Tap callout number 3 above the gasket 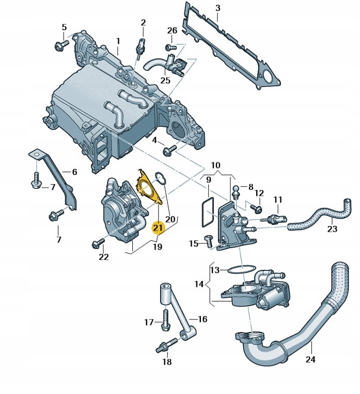(x=217, y=8)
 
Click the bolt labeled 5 (x=59, y=46)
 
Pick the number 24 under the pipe (x=310, y=359)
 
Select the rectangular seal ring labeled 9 (x=206, y=212)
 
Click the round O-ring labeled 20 (x=160, y=179)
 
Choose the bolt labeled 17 (x=165, y=323)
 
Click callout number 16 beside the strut (x=202, y=320)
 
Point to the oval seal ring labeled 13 (x=241, y=269)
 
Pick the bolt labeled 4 (x=168, y=150)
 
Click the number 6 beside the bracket (x=74, y=172)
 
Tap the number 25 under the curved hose (x=165, y=80)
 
